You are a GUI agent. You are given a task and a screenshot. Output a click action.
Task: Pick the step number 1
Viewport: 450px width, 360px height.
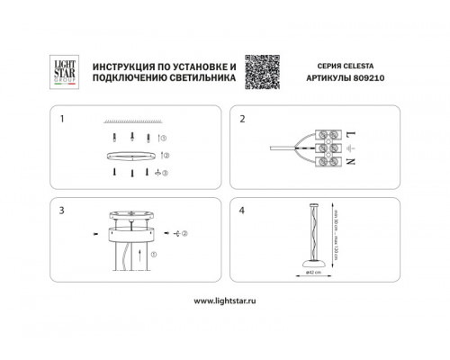tap(62, 119)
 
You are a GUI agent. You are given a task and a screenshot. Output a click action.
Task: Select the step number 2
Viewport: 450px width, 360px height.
tap(242, 119)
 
